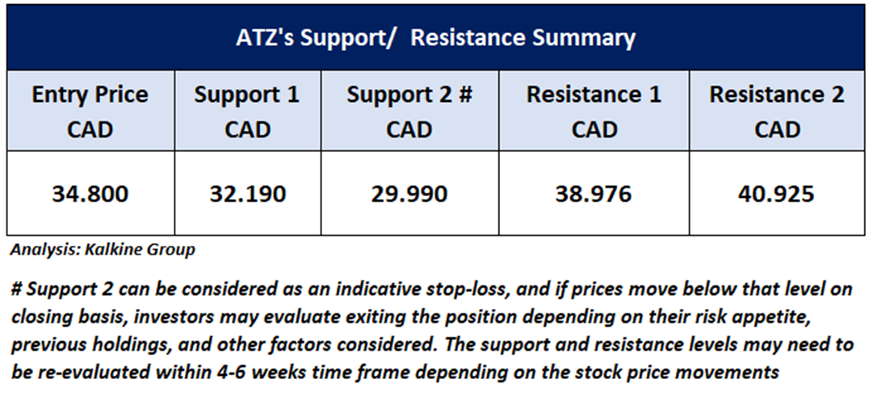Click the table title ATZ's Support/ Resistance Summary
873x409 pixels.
(x=436, y=38)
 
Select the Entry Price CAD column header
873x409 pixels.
(x=90, y=112)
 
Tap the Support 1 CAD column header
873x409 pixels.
(x=247, y=112)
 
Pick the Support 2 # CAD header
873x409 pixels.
(x=409, y=112)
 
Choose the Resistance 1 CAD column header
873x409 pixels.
(x=594, y=112)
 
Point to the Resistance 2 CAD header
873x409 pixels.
(x=777, y=112)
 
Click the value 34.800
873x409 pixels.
(x=90, y=194)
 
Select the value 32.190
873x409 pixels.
(x=248, y=194)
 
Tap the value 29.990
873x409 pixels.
(x=409, y=194)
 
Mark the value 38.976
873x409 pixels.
(x=594, y=194)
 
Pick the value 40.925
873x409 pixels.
(x=777, y=194)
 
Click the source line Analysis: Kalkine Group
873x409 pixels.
(x=103, y=251)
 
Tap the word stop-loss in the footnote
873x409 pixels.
(x=439, y=290)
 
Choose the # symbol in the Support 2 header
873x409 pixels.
(x=466, y=95)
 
